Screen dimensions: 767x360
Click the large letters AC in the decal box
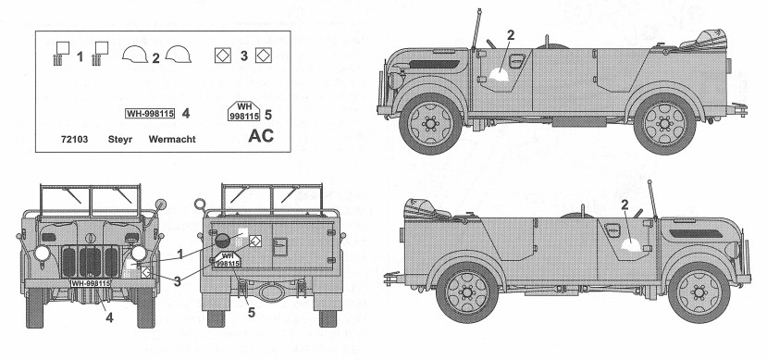(261, 135)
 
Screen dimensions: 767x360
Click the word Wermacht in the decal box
(172, 140)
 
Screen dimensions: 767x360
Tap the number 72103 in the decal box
(75, 140)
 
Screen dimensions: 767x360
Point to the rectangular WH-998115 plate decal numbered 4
(150, 114)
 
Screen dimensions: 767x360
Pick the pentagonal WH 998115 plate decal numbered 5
(244, 112)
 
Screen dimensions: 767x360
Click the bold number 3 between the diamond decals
(243, 56)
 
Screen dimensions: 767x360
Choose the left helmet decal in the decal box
(134, 55)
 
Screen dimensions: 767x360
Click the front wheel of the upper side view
(430, 124)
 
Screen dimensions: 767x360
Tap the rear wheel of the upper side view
(664, 124)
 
